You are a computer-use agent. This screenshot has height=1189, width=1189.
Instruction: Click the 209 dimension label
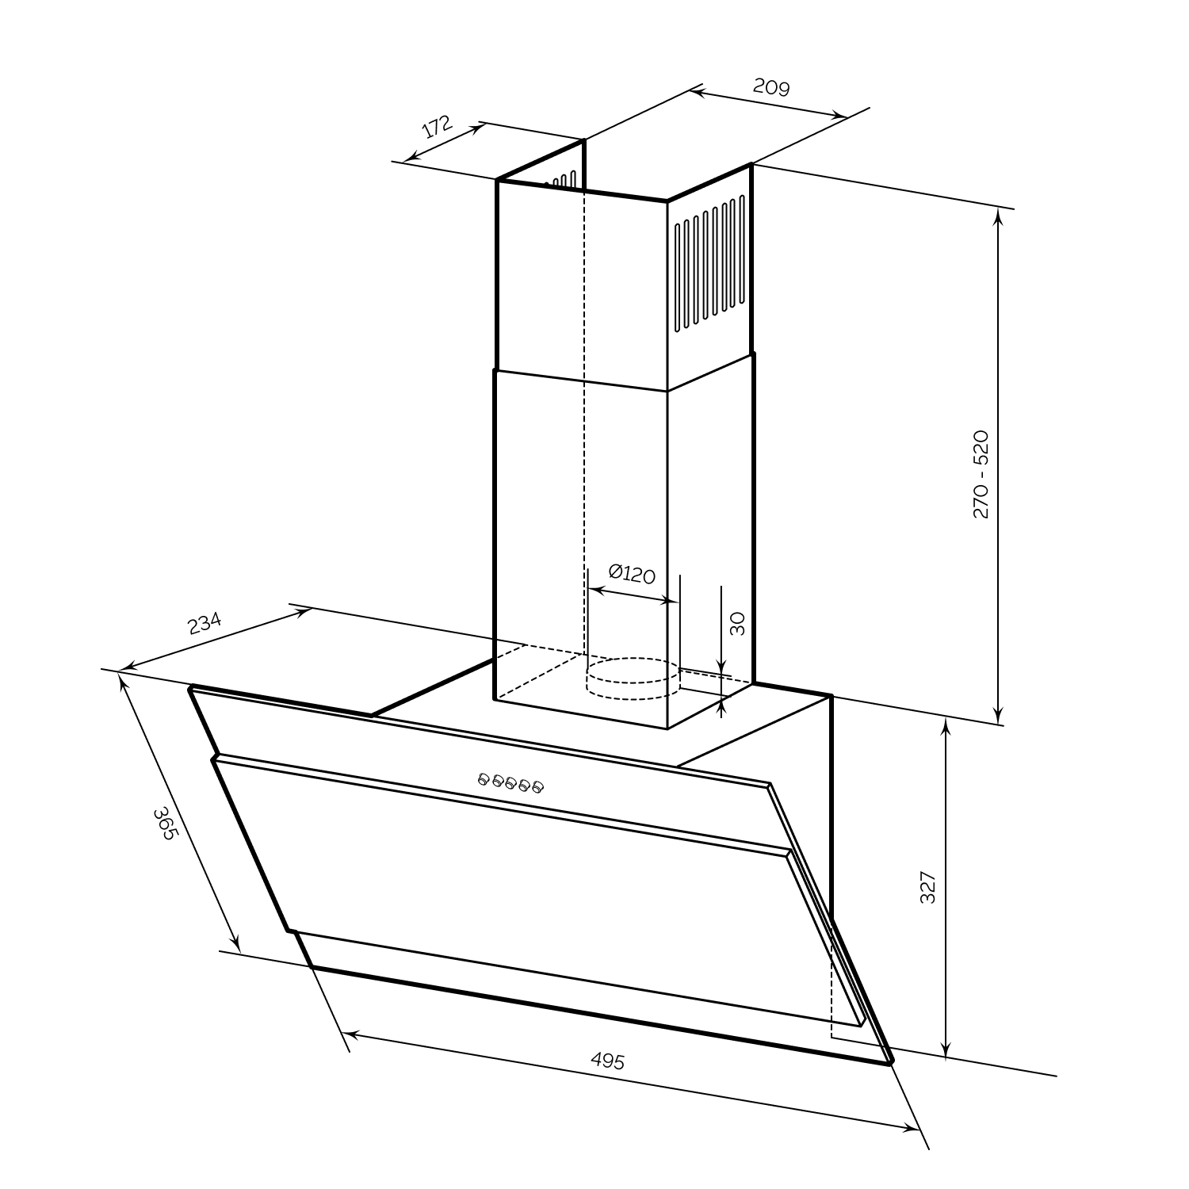(x=771, y=86)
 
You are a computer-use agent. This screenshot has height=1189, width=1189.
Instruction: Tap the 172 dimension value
(x=436, y=127)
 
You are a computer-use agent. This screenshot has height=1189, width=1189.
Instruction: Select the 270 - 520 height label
(x=981, y=474)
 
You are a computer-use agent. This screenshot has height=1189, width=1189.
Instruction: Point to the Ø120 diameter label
(x=632, y=573)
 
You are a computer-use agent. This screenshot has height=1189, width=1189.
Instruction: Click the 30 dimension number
(x=737, y=624)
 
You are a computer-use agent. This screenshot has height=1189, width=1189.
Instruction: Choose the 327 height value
(x=928, y=887)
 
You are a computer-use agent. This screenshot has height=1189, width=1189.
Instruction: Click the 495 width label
(x=607, y=1061)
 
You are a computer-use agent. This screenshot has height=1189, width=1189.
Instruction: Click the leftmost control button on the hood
(x=484, y=779)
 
